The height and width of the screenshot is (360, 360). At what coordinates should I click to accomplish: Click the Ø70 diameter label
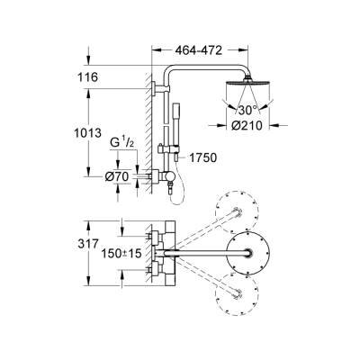click(118, 175)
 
